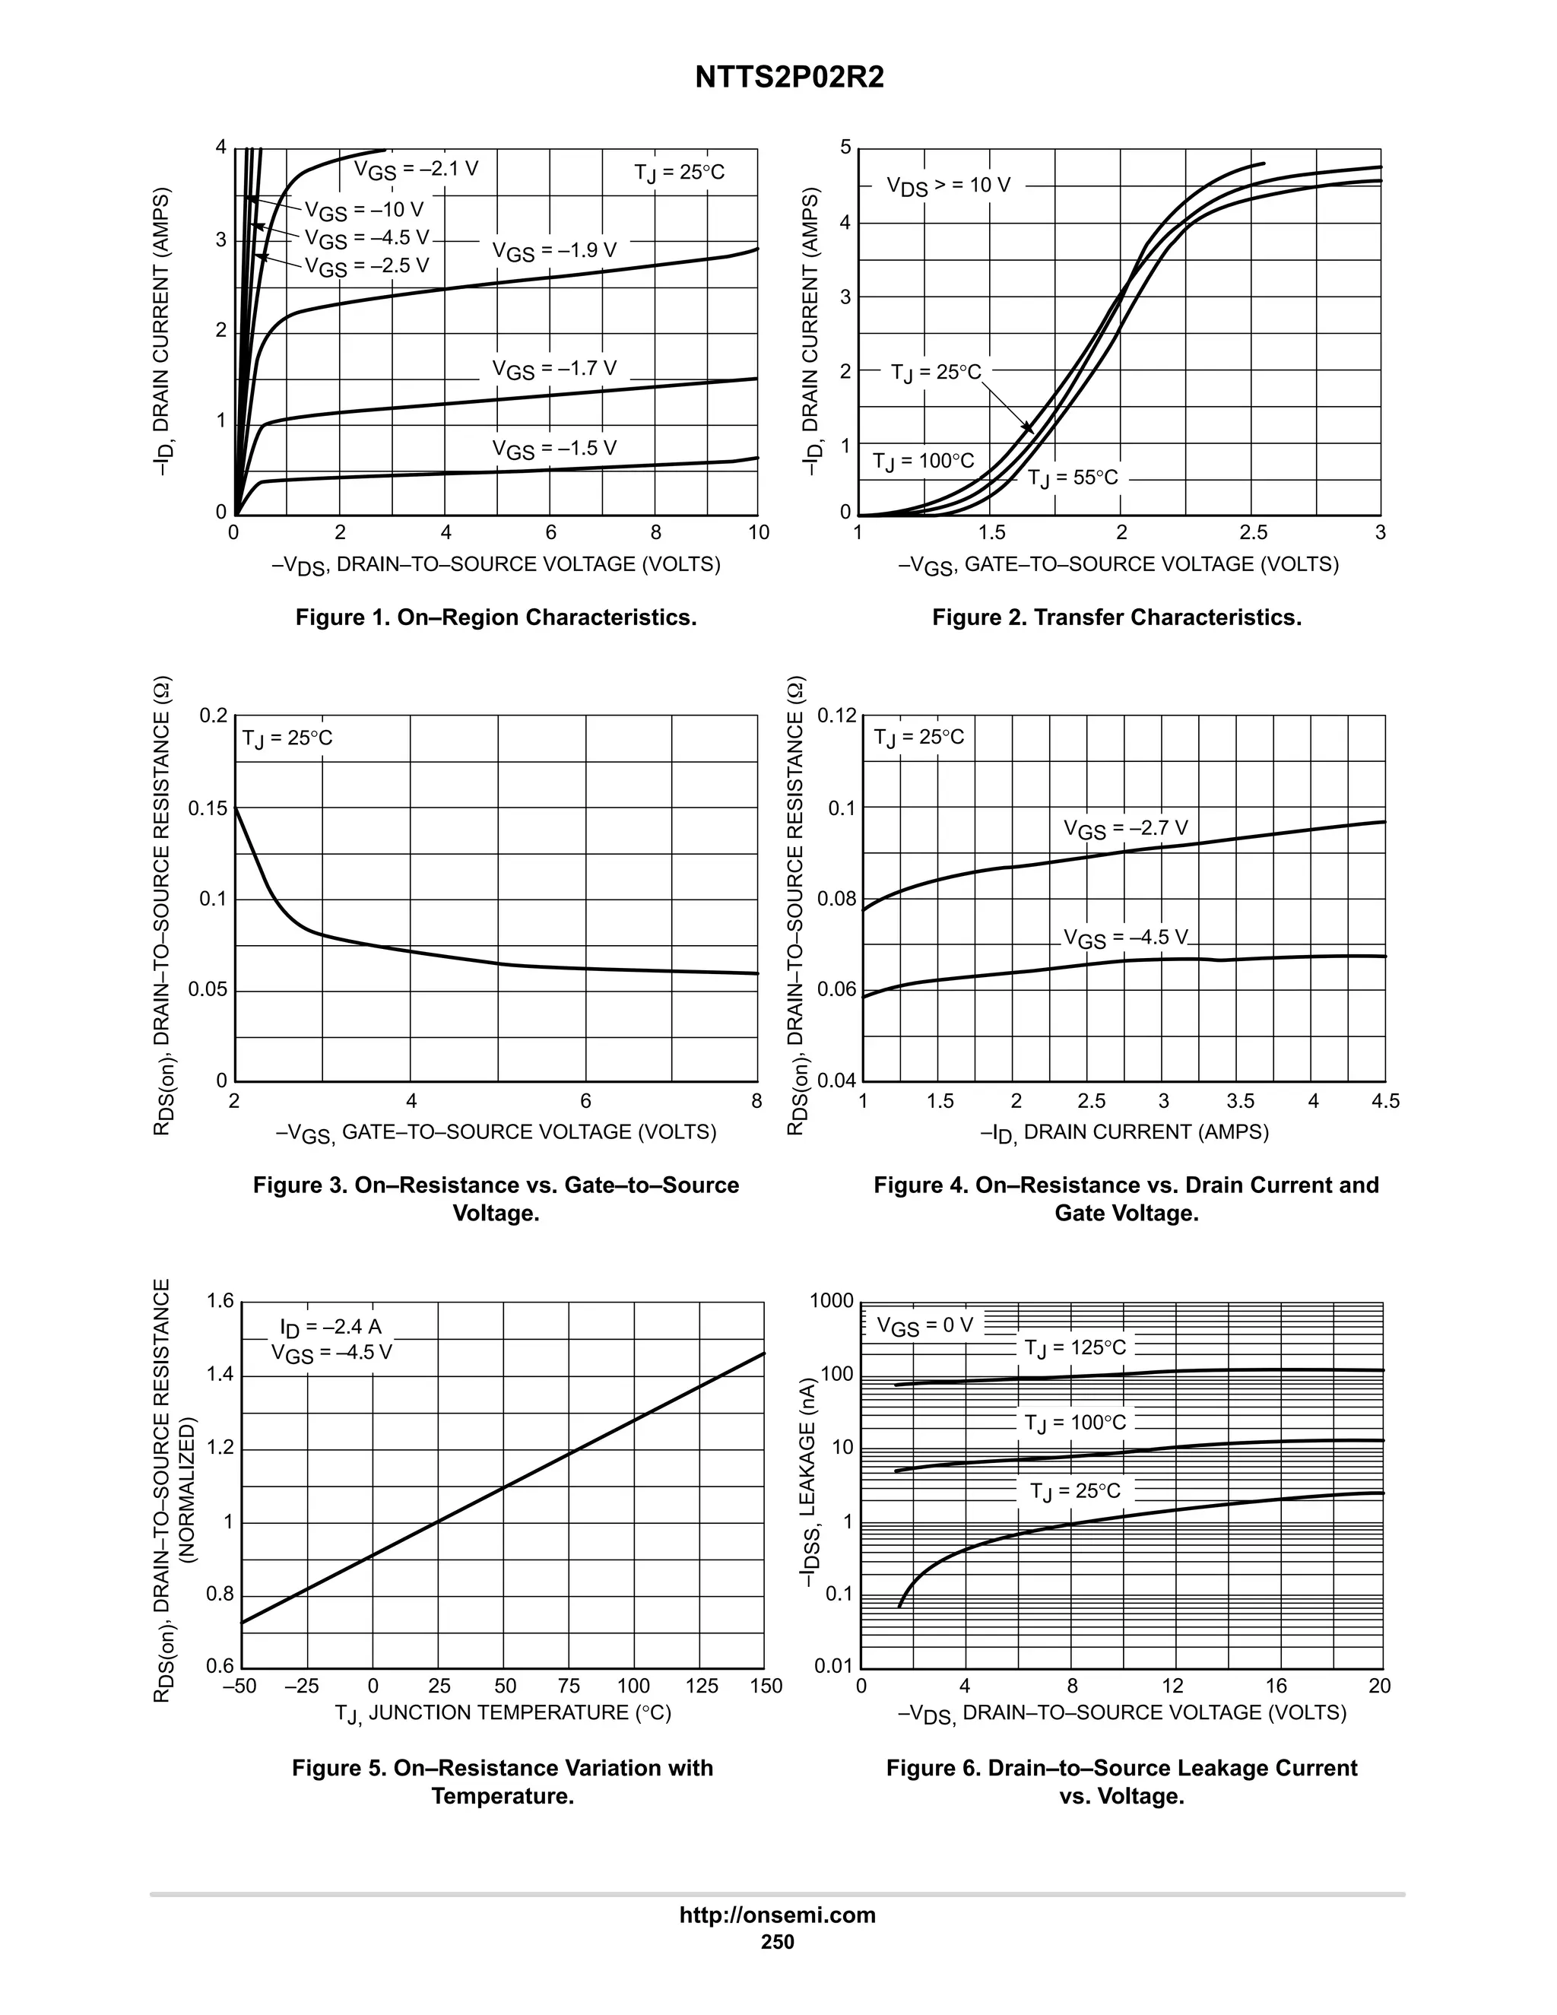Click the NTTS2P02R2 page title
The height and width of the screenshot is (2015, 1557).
[x=790, y=78]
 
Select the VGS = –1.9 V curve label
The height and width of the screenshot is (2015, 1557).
[x=553, y=251]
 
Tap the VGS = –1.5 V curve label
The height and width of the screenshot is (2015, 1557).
[x=553, y=449]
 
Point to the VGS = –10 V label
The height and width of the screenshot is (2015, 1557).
[x=364, y=211]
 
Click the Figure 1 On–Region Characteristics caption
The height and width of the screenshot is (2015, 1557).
[x=496, y=617]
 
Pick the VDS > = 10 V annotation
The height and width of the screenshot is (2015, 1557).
[x=948, y=186]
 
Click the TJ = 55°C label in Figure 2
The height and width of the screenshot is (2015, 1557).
[x=1072, y=478]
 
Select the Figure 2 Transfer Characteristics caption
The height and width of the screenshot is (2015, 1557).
[x=1116, y=617]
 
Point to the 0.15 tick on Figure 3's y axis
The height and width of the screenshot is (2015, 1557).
[x=208, y=809]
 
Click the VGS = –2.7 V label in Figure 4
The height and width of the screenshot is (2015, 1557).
[x=1125, y=829]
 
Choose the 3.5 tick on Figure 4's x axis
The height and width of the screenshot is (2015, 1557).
[x=1240, y=1101]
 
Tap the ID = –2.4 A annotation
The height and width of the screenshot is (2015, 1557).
[x=330, y=1327]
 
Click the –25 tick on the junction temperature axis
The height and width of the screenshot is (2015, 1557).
[x=302, y=1687]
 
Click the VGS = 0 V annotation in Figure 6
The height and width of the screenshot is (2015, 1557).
[x=924, y=1326]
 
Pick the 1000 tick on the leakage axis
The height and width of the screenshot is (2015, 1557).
[x=831, y=1302]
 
